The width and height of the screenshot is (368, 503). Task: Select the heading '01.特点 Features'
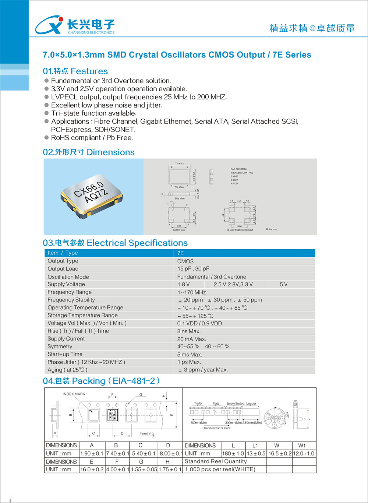click(x=75, y=71)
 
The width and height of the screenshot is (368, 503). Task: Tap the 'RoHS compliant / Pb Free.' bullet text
click(x=92, y=138)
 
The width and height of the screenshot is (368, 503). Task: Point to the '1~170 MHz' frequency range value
click(x=192, y=292)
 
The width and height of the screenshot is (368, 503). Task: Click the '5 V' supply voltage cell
click(x=283, y=284)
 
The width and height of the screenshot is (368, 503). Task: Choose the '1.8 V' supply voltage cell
click(x=184, y=284)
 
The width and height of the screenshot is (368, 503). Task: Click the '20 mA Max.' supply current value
click(x=192, y=339)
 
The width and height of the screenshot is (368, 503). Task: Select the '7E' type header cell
click(x=181, y=253)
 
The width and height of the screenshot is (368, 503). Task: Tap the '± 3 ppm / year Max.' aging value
click(x=203, y=370)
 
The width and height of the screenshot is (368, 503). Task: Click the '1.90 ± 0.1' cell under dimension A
click(x=92, y=454)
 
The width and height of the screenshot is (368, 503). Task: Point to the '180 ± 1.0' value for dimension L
click(x=233, y=454)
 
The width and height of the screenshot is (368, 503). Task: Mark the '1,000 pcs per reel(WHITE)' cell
click(x=220, y=469)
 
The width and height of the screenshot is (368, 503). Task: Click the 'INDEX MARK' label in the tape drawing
click(x=74, y=394)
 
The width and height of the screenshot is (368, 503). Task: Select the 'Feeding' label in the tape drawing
click(x=146, y=433)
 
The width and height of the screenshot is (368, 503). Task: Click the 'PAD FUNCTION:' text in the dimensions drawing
click(x=239, y=169)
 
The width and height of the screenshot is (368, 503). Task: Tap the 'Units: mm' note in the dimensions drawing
click(x=272, y=229)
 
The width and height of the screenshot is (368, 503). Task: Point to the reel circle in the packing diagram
click(x=275, y=418)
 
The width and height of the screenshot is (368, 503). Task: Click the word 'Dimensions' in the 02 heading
click(x=111, y=152)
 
